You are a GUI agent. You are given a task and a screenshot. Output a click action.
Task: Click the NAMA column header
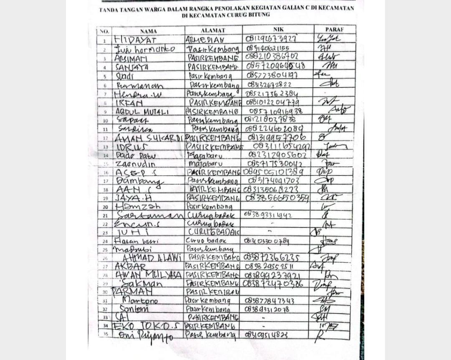148,31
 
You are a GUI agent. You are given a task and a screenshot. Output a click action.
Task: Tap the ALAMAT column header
213,30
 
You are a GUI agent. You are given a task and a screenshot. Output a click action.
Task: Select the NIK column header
278,30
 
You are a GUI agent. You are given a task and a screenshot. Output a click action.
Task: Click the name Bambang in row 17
138,182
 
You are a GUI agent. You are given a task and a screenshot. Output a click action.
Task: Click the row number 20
105,207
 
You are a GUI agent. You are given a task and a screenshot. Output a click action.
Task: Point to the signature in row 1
329,39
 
